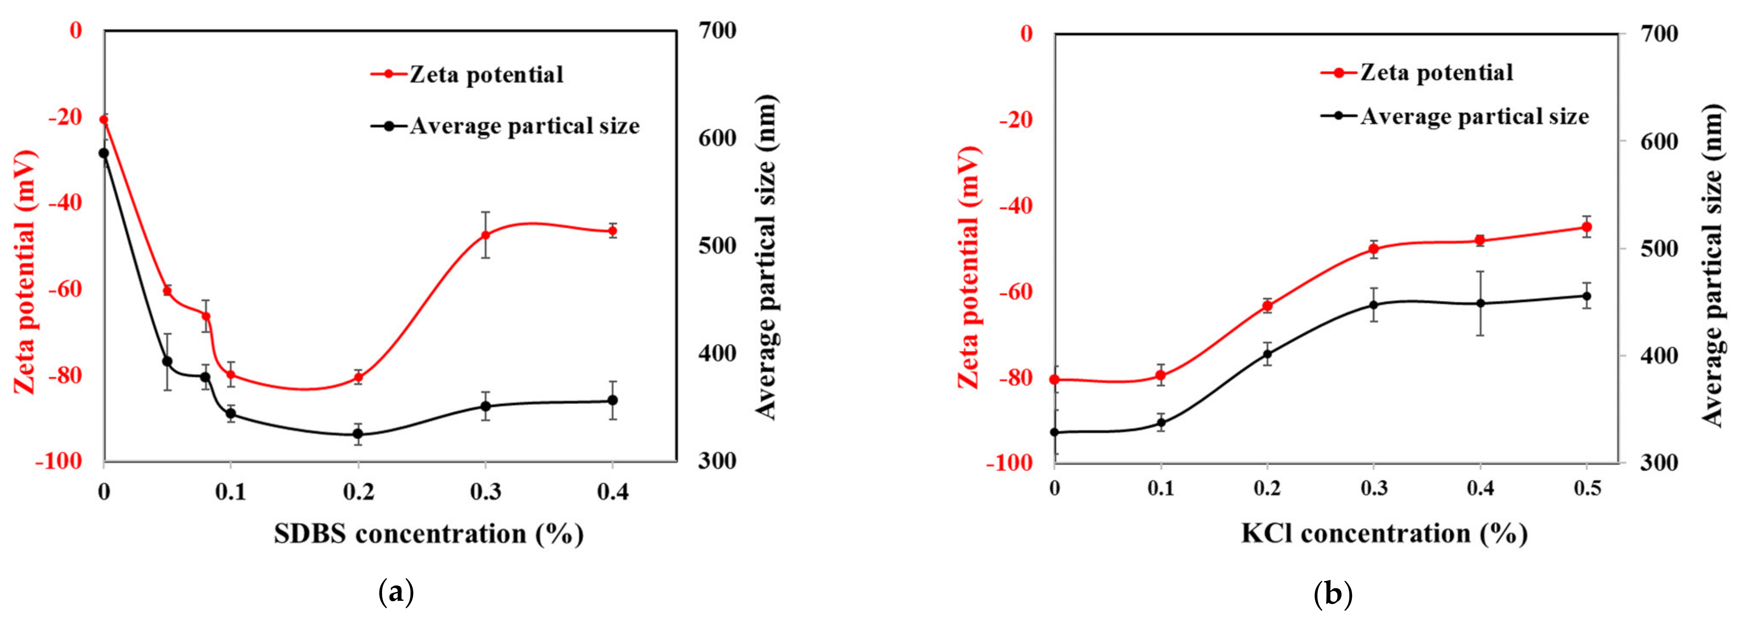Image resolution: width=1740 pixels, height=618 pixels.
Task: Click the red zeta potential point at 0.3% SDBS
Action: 485,235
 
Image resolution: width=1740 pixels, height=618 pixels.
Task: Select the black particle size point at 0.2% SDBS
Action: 358,434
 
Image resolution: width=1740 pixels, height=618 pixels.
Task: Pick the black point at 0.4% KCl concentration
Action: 1480,303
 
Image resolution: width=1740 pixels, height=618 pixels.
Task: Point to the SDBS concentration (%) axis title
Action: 428,534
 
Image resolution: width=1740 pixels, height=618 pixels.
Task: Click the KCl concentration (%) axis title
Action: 1384,534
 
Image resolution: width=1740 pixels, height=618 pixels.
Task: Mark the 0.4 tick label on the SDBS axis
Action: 612,492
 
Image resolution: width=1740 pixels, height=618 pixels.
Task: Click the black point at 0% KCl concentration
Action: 1055,432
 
